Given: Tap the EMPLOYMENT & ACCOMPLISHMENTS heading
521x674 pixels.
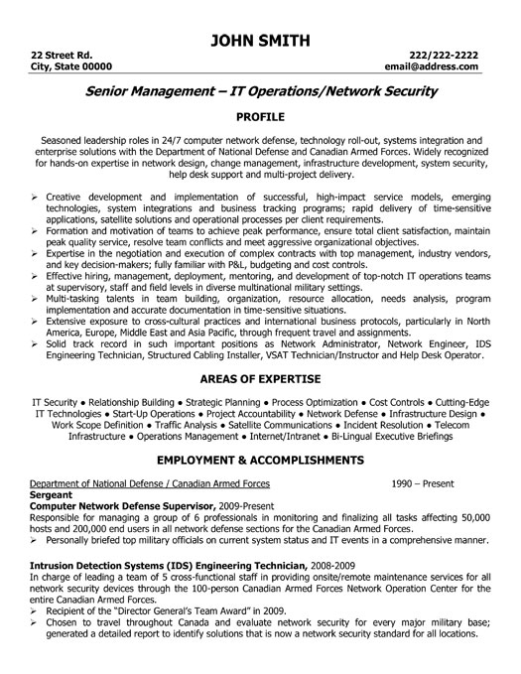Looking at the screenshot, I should coord(260,461).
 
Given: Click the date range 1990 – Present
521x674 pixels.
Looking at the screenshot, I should coord(421,483).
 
